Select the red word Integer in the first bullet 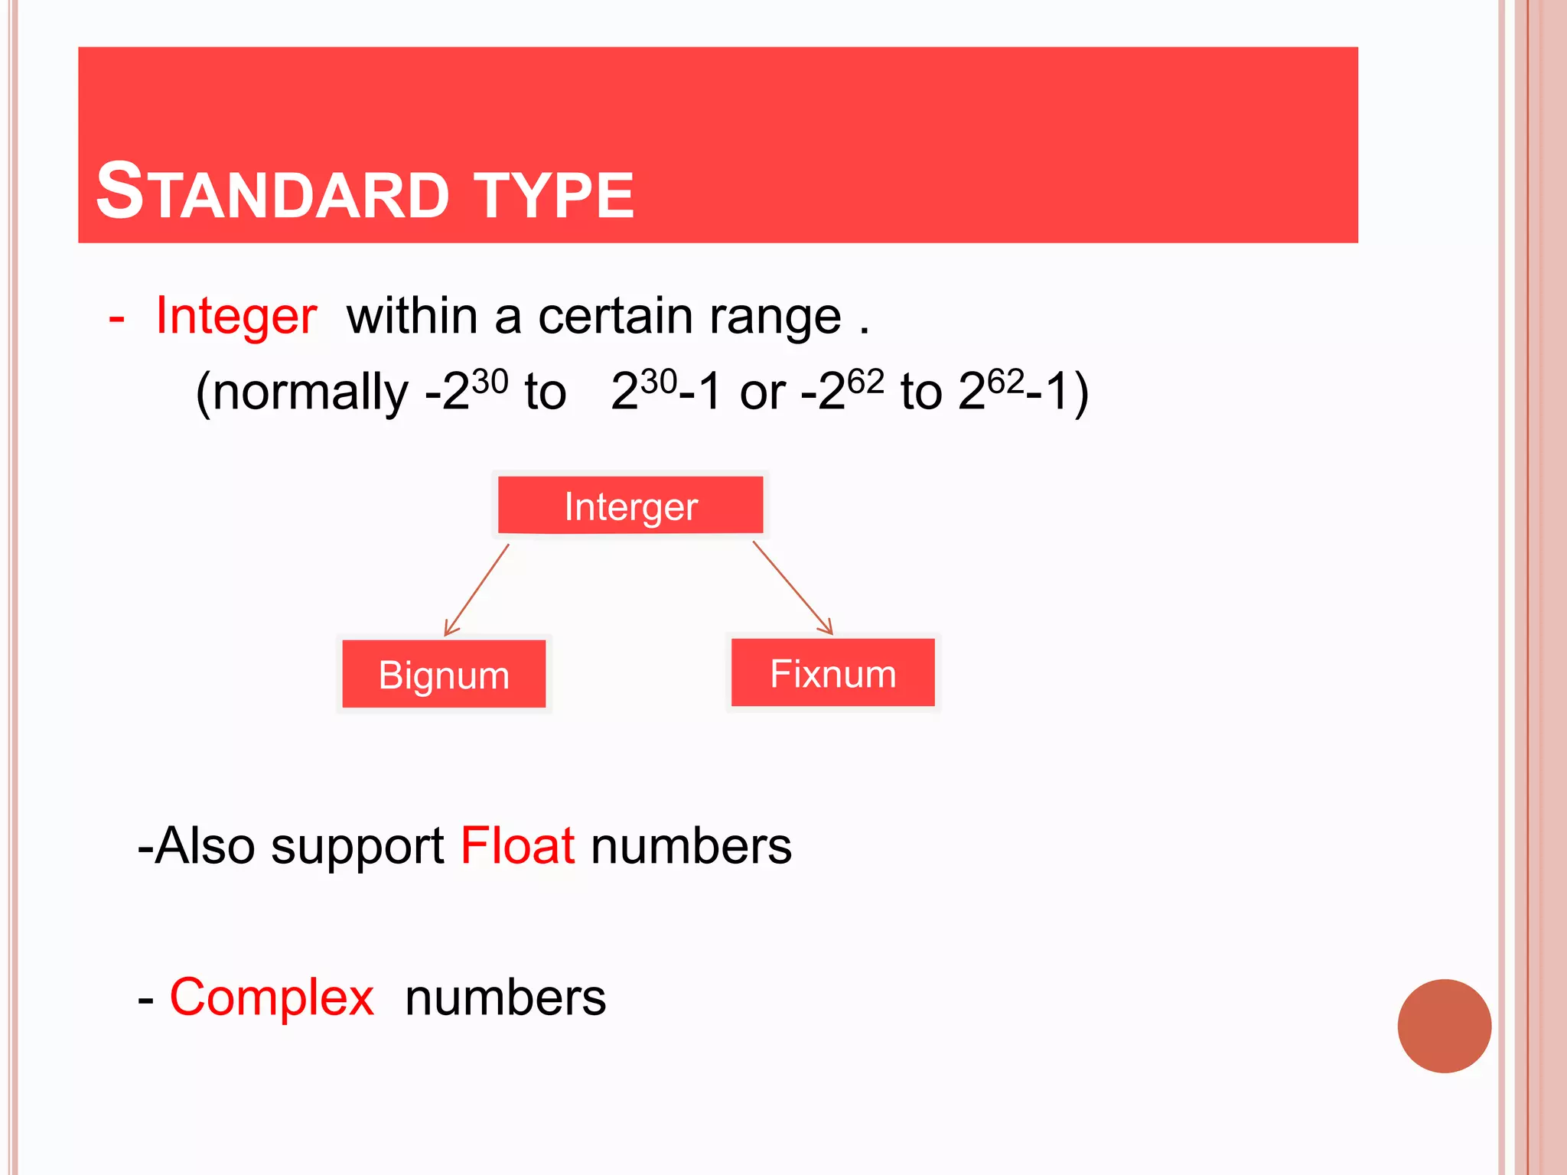(236, 315)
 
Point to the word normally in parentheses (310, 392)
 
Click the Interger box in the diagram (630, 505)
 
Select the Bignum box (444, 674)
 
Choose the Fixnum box (832, 672)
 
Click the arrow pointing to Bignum (477, 590)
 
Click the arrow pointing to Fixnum (793, 587)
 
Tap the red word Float (517, 846)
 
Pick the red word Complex (272, 998)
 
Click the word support (357, 848)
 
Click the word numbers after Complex (505, 998)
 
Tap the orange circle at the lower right (1444, 1026)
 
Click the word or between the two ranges (762, 392)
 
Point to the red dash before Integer (116, 317)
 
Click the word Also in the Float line (204, 846)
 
